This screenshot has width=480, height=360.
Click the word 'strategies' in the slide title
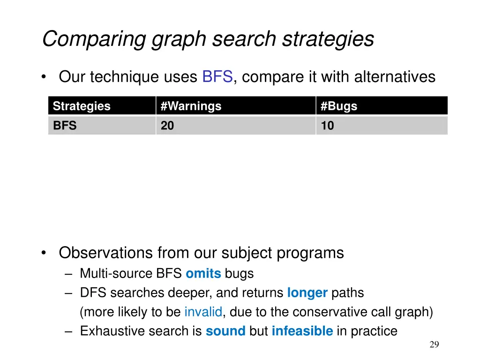pyautogui.click(x=328, y=39)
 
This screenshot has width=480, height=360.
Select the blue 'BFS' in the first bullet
pyautogui.click(x=217, y=76)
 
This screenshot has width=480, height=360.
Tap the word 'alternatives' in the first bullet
pyautogui.click(x=395, y=76)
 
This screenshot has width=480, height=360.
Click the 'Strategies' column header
pyautogui.click(x=82, y=106)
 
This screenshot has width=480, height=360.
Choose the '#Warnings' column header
pyautogui.click(x=191, y=106)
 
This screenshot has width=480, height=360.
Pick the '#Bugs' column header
pyautogui.click(x=339, y=106)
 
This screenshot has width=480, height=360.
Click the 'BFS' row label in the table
pyautogui.click(x=65, y=126)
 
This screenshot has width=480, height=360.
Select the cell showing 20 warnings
pyautogui.click(x=167, y=126)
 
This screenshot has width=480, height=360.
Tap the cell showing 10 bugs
pyautogui.click(x=328, y=126)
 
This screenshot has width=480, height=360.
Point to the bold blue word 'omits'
pyautogui.click(x=203, y=274)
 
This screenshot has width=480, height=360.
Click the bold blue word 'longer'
pyautogui.click(x=307, y=293)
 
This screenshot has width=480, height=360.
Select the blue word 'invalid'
pyautogui.click(x=203, y=312)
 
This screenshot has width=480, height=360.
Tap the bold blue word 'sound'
pyautogui.click(x=225, y=331)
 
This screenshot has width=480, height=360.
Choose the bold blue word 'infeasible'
pyautogui.click(x=302, y=331)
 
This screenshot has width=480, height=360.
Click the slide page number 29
pyautogui.click(x=434, y=345)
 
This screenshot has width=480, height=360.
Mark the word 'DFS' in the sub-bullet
pyautogui.click(x=89, y=293)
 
